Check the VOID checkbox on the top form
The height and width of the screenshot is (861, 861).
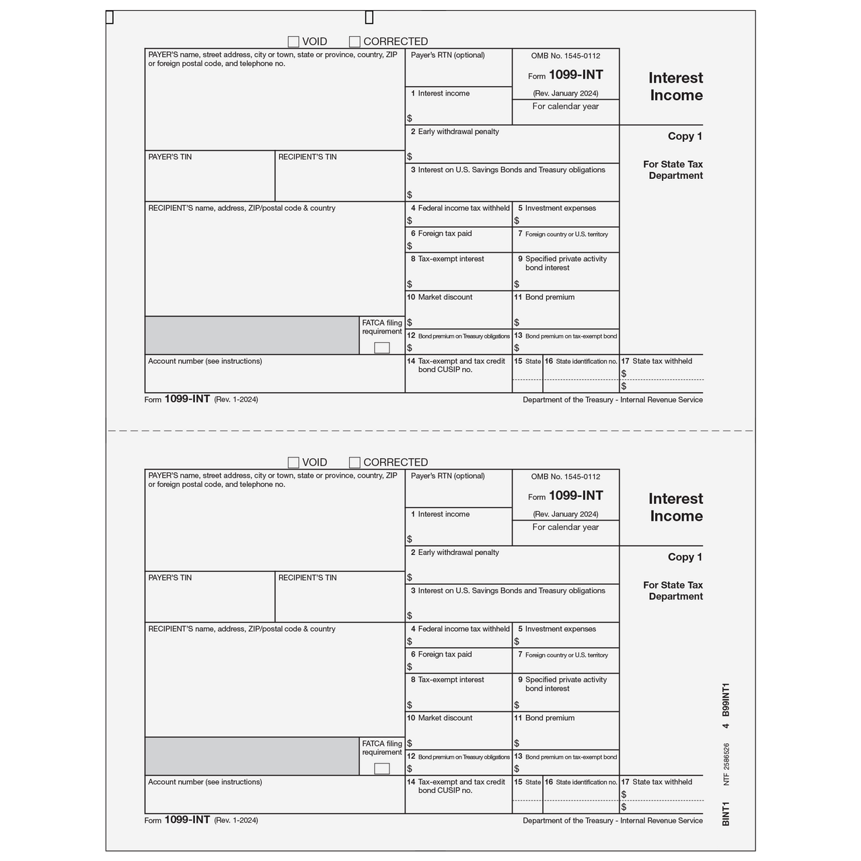click(x=293, y=42)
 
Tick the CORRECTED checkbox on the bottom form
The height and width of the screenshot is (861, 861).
click(x=354, y=463)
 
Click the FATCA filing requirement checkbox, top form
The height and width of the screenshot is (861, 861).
click(x=381, y=348)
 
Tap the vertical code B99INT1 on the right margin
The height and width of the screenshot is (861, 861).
click(x=725, y=700)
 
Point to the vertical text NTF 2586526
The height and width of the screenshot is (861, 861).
click(x=726, y=764)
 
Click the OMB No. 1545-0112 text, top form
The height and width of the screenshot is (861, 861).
click(x=565, y=56)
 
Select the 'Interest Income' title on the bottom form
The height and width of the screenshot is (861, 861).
click(x=675, y=507)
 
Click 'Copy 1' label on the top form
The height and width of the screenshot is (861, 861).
click(x=685, y=136)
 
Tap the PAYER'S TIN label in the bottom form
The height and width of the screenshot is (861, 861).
click(x=170, y=578)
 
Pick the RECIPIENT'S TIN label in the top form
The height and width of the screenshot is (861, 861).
click(x=307, y=157)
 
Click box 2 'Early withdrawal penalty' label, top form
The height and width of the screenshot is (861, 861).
click(x=458, y=132)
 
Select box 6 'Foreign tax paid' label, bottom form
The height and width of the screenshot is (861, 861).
click(x=445, y=654)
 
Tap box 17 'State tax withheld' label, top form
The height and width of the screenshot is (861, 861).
click(x=662, y=361)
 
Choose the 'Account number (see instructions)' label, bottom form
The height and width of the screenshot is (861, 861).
click(x=205, y=782)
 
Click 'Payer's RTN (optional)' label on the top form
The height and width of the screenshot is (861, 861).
click(x=447, y=55)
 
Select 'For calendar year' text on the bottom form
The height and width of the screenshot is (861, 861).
click(x=565, y=527)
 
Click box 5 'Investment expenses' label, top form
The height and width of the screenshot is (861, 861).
click(x=560, y=209)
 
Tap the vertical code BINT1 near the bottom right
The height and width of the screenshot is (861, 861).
click(x=725, y=813)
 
